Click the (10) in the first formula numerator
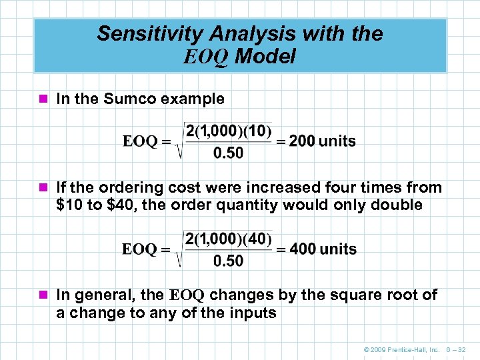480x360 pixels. pos(257,131)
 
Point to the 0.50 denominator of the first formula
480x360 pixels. pos(228,153)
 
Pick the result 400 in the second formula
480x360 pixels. pos(303,249)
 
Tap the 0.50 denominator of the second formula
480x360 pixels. pos(228,261)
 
